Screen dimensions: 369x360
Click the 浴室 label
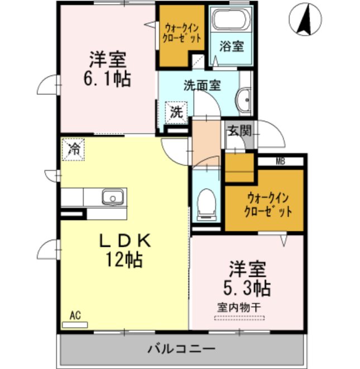tap(231, 46)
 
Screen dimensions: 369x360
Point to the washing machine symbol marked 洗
tap(176, 112)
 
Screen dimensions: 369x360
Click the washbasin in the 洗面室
tap(244, 101)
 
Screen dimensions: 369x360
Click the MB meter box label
tap(280, 162)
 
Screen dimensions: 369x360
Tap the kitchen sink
tap(112, 197)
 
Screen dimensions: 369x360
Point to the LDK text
tap(126, 241)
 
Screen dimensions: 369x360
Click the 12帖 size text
tap(126, 259)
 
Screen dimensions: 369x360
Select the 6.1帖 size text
tap(108, 79)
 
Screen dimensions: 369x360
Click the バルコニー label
tap(181, 349)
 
